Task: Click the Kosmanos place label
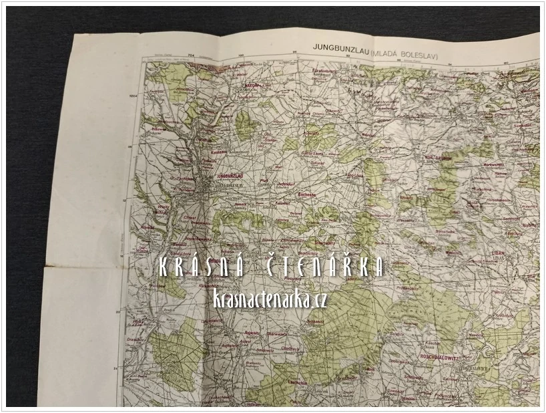tap(220, 152)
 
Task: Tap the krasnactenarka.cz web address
tap(270, 300)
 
